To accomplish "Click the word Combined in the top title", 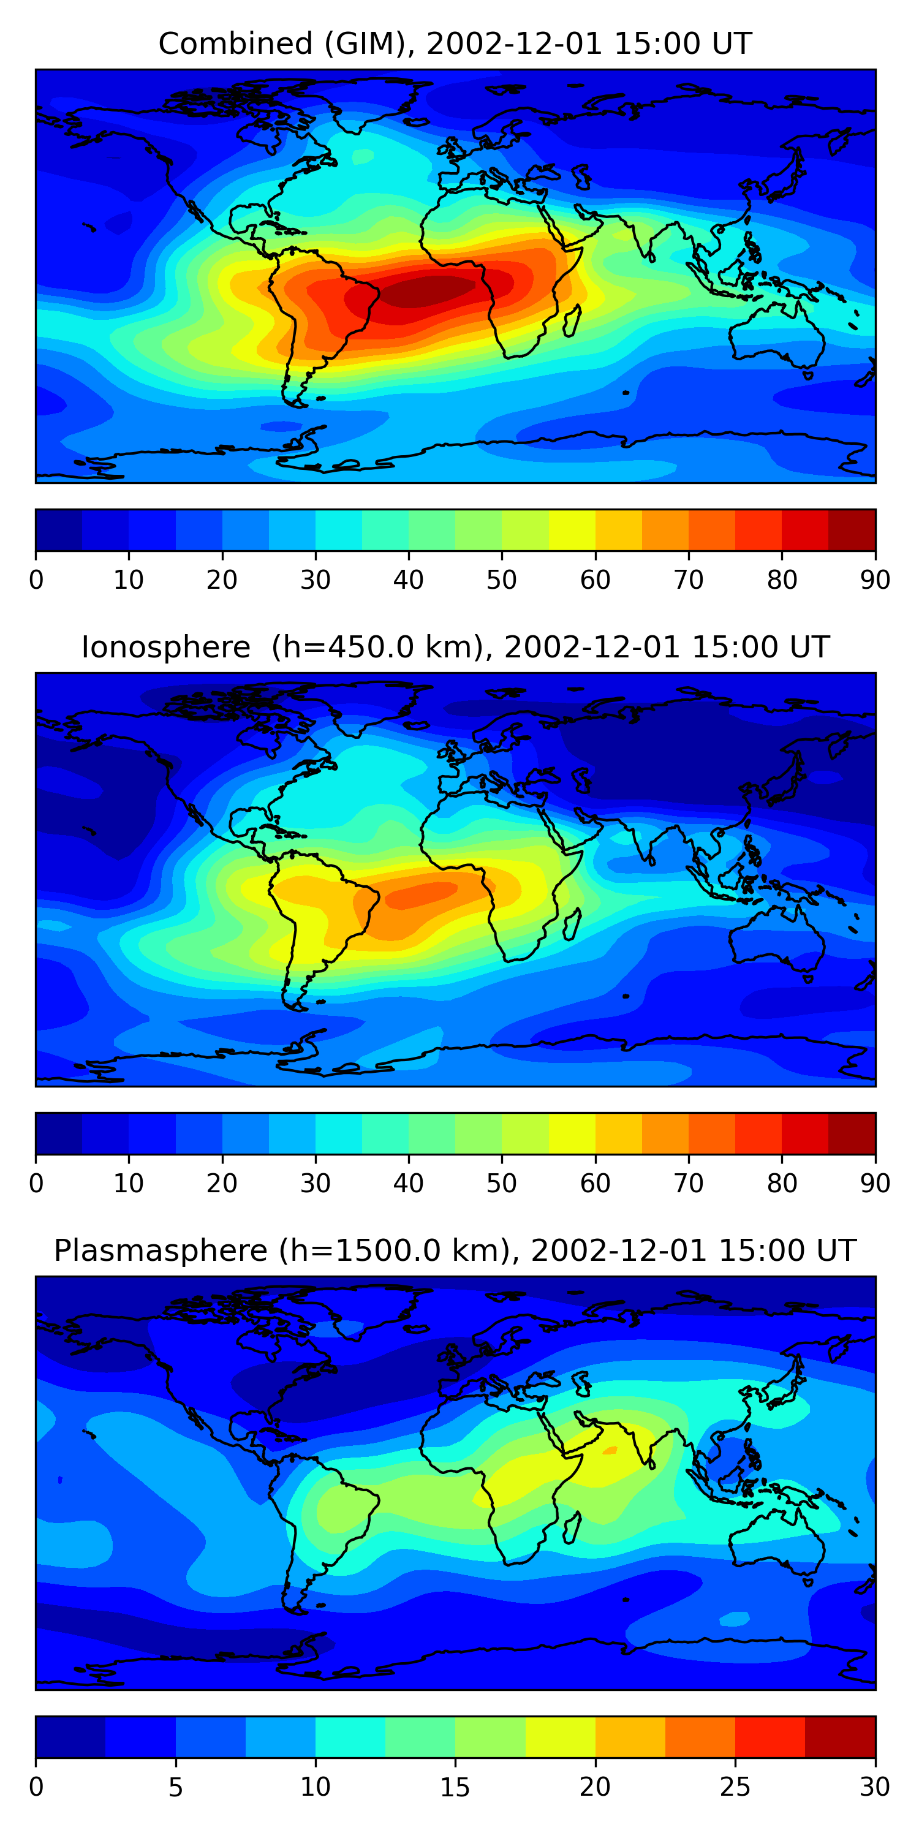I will [x=235, y=43].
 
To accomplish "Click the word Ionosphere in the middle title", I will [x=165, y=647].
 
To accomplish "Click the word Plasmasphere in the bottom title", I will [x=161, y=1251].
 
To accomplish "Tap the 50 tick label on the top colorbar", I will [x=501, y=580].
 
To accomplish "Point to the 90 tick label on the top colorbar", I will [x=875, y=580].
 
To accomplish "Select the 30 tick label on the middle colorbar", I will [x=315, y=1184].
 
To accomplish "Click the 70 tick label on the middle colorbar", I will [x=688, y=1184].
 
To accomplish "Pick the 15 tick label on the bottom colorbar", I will [x=455, y=1787].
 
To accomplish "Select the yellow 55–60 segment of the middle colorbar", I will [x=572, y=1134].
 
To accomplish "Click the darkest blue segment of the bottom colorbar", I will [x=70, y=1738].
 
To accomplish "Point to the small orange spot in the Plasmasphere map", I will [x=610, y=1451].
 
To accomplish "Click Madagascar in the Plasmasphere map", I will [x=572, y=1527].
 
